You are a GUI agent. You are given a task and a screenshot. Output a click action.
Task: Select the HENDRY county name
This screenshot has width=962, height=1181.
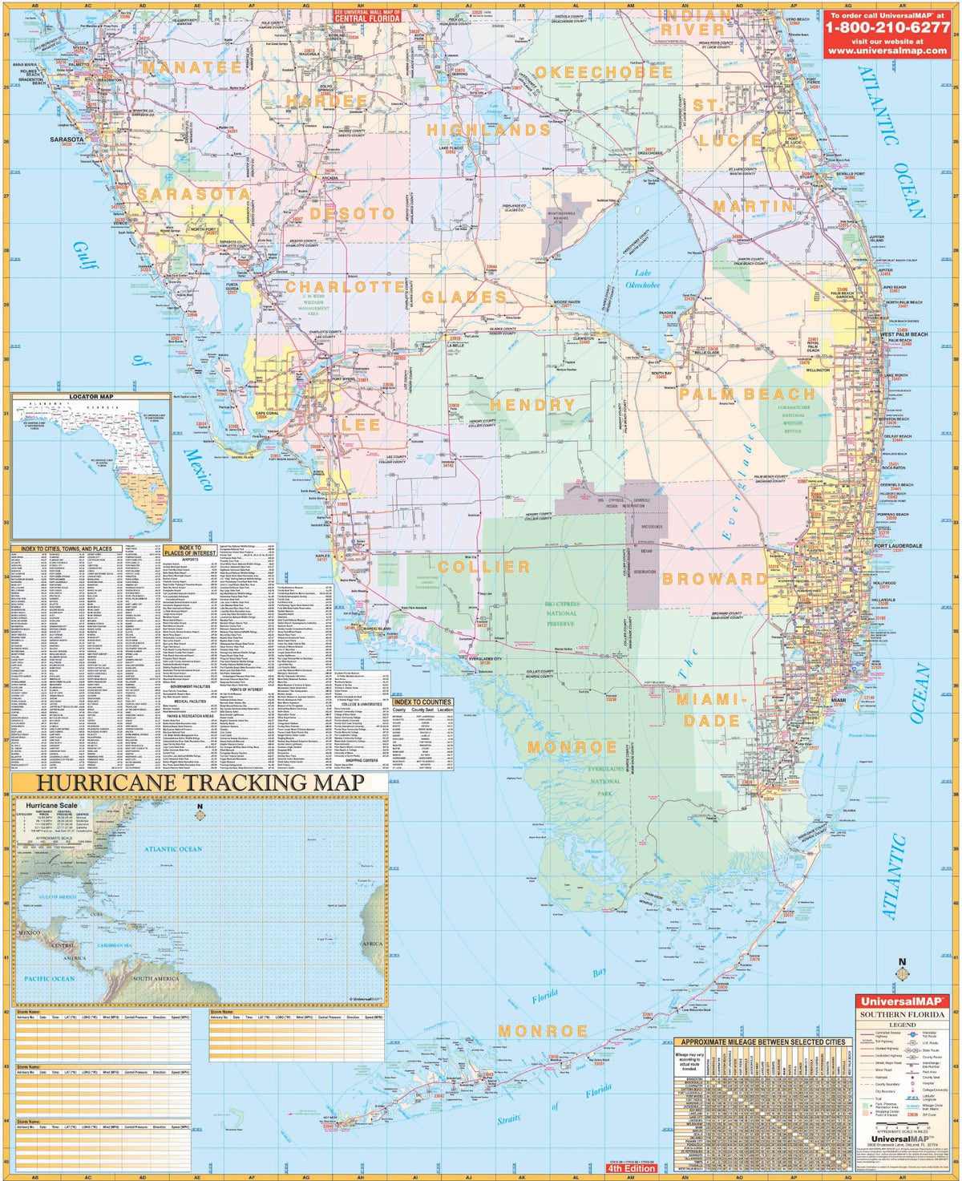pos(533,405)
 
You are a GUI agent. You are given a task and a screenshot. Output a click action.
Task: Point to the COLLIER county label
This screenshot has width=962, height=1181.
pos(483,567)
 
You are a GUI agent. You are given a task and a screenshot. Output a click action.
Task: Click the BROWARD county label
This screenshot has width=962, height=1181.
pos(713,578)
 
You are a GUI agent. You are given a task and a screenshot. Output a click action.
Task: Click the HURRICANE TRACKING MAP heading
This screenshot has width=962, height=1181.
pos(201,783)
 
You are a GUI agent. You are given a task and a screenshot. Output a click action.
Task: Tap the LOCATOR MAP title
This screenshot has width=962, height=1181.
pos(91,396)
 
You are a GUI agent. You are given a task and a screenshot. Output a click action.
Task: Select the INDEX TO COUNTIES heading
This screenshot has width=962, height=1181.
pos(422,702)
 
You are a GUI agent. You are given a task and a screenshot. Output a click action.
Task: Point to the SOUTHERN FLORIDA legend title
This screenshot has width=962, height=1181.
pos(902,1014)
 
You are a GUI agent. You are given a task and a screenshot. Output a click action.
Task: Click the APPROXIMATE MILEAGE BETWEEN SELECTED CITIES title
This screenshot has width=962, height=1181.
pos(762,1042)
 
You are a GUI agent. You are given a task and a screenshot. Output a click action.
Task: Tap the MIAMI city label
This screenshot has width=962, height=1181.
pos(838,700)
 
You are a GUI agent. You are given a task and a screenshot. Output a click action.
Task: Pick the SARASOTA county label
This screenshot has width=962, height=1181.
pos(193,194)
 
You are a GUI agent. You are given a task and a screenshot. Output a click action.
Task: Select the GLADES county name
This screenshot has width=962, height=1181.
pos(464,297)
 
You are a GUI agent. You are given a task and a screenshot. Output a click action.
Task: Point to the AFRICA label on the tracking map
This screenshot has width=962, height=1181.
pos(373,944)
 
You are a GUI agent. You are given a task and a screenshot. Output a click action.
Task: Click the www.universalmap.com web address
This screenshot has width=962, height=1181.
pos(887,50)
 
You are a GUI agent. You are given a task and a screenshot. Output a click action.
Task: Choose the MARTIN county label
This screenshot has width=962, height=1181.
pos(753,206)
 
